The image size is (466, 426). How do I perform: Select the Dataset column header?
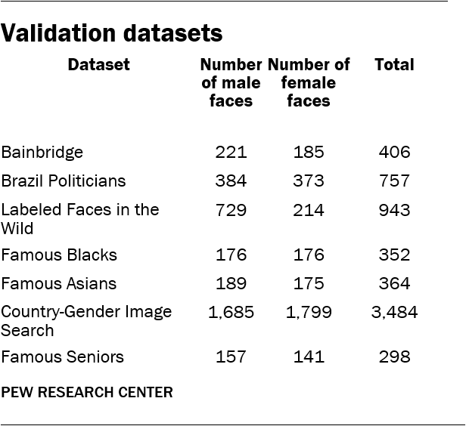click(98, 65)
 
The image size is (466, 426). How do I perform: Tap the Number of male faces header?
click(231, 82)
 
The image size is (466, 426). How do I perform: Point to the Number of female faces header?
click(309, 82)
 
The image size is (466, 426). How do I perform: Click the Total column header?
click(394, 65)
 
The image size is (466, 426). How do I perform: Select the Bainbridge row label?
click(42, 153)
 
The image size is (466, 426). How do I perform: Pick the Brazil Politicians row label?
click(64, 181)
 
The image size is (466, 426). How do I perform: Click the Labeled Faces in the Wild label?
click(80, 218)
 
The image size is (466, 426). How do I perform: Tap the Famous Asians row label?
click(59, 284)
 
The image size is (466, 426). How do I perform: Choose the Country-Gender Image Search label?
click(86, 320)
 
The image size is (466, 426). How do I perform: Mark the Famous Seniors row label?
click(62, 357)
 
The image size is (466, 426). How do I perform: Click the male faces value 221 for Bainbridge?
click(231, 153)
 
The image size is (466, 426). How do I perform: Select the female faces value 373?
click(309, 181)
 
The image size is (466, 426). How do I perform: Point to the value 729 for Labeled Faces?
click(231, 210)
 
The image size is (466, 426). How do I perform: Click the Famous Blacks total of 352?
click(394, 255)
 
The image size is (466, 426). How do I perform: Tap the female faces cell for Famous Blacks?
click(309, 255)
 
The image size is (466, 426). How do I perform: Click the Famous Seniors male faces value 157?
click(231, 357)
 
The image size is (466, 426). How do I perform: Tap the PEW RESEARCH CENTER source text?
click(87, 392)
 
